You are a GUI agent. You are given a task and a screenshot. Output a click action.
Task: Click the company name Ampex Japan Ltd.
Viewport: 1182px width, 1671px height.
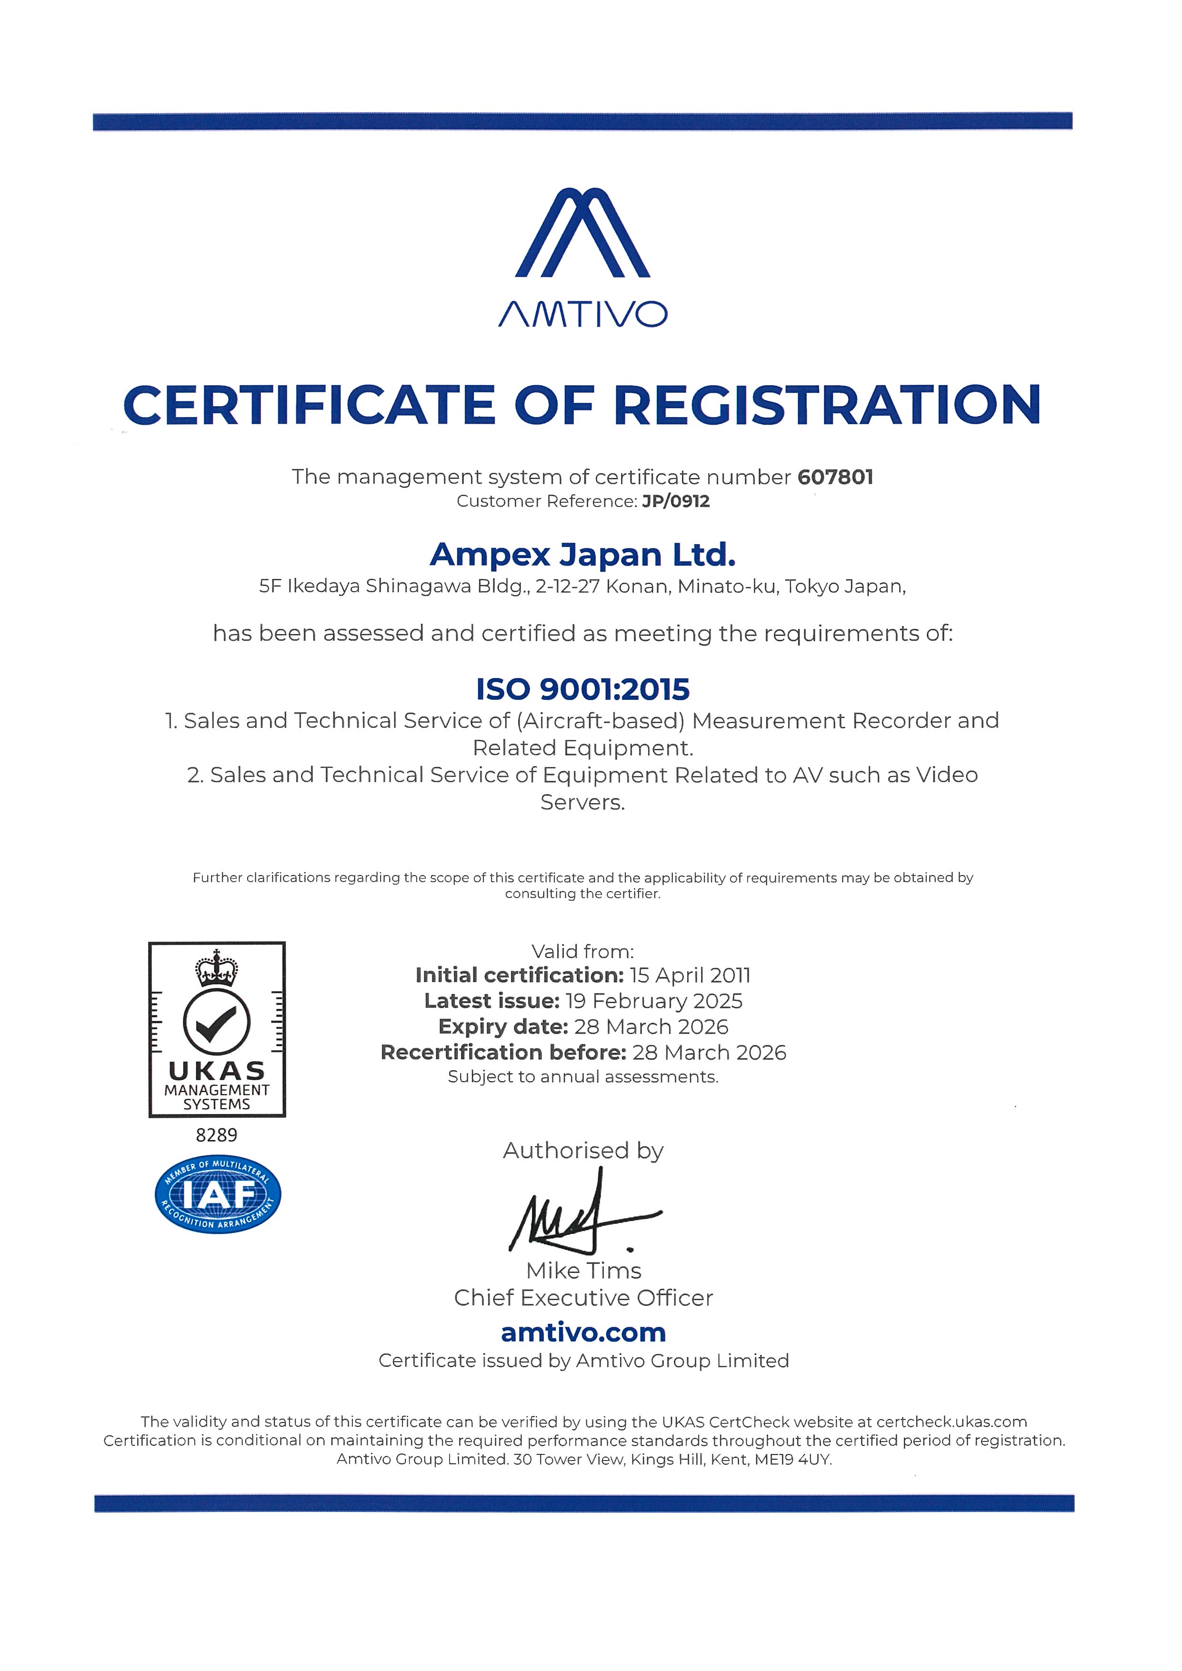(582, 555)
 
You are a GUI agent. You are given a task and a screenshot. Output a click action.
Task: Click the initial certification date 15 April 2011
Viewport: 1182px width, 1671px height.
(690, 975)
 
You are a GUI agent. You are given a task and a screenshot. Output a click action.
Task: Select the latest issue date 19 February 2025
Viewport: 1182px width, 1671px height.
(653, 1001)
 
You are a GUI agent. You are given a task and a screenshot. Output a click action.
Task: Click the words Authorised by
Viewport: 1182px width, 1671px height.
(583, 1151)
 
